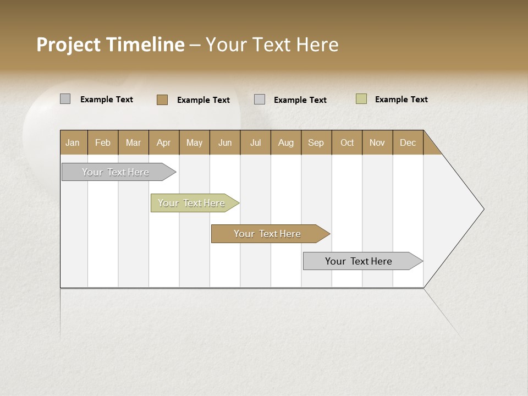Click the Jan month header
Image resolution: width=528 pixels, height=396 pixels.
[73, 142]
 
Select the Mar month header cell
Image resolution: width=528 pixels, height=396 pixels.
[133, 142]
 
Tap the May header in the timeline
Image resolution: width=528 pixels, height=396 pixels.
[194, 142]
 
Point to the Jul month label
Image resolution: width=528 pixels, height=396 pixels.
[255, 142]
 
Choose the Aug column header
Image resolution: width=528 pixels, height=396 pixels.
[285, 142]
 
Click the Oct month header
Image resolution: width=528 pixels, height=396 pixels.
[347, 142]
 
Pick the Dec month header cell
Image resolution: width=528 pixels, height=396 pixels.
[408, 142]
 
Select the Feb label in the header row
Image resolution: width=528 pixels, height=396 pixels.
[103, 142]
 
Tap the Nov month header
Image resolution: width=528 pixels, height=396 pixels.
[377, 142]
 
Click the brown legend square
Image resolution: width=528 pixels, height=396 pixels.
[162, 100]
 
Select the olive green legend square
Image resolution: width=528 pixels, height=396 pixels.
[361, 99]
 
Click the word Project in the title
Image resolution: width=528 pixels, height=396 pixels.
[69, 45]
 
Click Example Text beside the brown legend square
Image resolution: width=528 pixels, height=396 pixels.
[204, 100]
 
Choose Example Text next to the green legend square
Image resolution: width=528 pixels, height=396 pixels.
[402, 100]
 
